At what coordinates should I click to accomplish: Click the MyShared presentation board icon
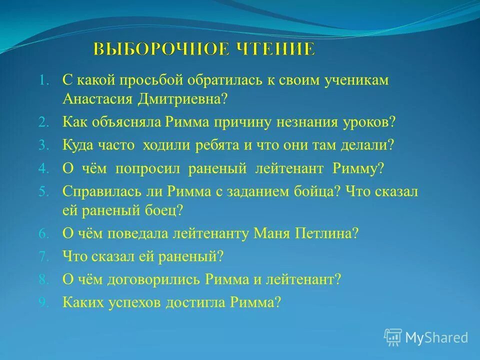393,337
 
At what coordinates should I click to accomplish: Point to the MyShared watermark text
436,338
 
